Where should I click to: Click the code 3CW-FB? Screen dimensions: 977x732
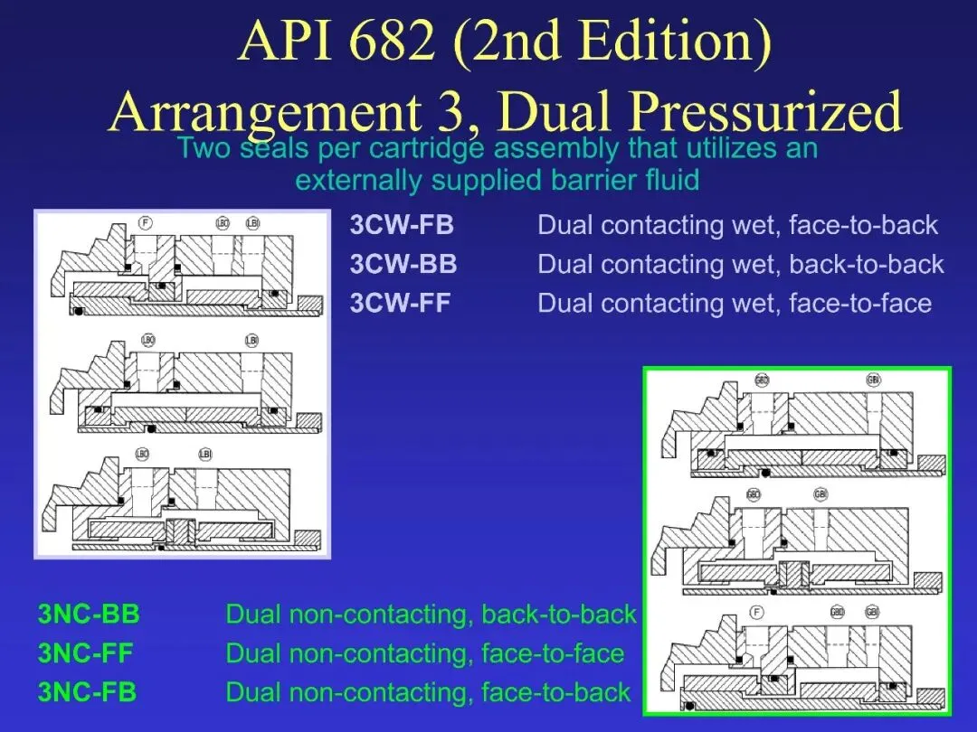point(402,225)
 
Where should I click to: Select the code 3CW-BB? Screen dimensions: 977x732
point(403,264)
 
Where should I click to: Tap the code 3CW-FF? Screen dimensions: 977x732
point(400,303)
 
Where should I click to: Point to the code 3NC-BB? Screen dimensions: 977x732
point(89,615)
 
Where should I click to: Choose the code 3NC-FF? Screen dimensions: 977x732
point(87,654)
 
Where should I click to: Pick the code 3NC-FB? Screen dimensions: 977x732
point(87,693)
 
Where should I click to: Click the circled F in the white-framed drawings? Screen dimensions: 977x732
point(145,222)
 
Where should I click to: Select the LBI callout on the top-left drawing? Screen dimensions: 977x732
point(252,222)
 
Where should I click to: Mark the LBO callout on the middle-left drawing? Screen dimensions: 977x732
point(148,340)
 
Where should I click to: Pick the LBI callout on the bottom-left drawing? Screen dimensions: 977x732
point(205,453)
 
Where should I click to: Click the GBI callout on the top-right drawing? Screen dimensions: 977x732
point(873,380)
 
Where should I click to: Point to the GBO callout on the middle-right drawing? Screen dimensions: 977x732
point(754,494)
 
